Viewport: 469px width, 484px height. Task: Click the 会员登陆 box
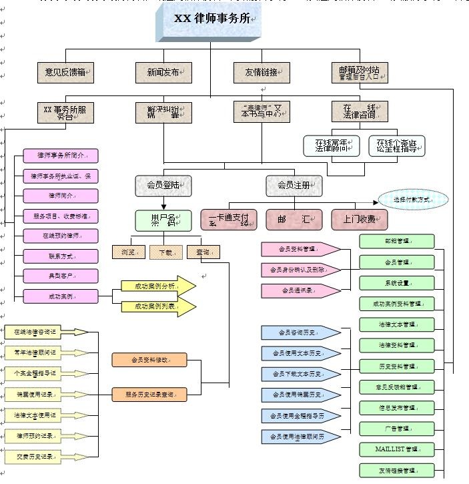[163, 186]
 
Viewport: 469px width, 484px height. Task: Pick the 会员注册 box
[294, 186]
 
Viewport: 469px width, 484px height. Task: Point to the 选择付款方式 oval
[413, 199]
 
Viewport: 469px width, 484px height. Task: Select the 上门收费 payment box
[359, 219]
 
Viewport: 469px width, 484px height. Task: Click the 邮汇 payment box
[294, 219]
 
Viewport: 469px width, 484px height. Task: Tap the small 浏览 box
[128, 252]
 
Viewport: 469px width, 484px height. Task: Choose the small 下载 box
[165, 252]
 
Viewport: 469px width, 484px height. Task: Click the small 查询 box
[203, 252]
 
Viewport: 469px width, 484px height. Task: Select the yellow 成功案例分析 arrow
[157, 286]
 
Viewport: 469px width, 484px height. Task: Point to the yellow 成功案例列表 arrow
[157, 306]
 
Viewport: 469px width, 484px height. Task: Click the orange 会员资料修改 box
[150, 360]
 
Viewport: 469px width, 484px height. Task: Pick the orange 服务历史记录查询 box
[150, 395]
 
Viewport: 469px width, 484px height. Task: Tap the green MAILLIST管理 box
[397, 449]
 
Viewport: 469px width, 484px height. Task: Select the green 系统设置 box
[397, 282]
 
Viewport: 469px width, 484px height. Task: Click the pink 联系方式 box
[61, 256]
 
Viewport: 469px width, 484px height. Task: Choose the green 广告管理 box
[397, 429]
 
